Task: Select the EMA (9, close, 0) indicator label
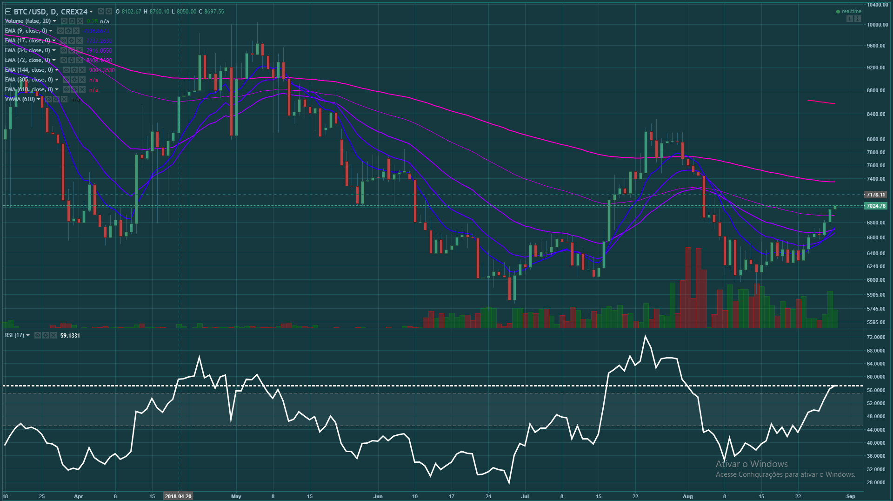[x=26, y=31]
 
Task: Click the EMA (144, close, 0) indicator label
[x=29, y=70]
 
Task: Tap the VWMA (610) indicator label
[x=20, y=99]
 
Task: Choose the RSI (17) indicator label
[x=14, y=335]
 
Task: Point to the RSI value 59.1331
[x=70, y=336]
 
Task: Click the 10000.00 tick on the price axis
[x=877, y=25]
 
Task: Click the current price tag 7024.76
[x=876, y=206]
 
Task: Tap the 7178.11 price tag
[x=875, y=195]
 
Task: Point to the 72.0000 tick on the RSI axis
[x=876, y=337]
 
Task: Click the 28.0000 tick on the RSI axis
[x=876, y=482]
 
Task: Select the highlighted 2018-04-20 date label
[x=178, y=496]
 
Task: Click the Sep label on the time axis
[x=851, y=496]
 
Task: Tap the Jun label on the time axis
[x=378, y=496]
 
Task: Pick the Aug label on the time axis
[x=687, y=496]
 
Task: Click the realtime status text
[x=851, y=12]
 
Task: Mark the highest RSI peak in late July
[x=645, y=336]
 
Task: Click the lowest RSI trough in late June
[x=509, y=483]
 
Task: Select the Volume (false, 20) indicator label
[x=28, y=21]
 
